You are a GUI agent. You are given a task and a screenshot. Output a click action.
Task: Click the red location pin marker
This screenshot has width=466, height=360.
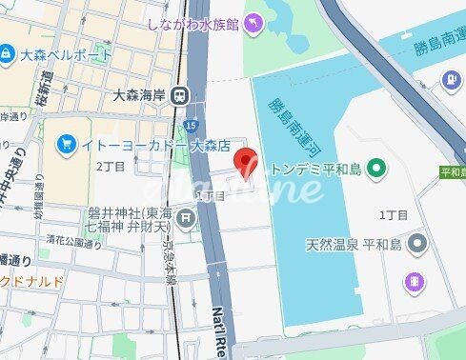246,163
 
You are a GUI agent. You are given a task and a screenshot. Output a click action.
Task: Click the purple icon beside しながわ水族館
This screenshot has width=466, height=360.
253,23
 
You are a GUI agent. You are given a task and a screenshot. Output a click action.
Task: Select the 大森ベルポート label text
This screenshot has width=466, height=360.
54,55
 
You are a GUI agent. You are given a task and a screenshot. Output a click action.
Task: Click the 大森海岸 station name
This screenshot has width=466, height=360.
137,93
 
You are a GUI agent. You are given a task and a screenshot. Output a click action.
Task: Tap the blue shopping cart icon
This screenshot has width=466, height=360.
66,145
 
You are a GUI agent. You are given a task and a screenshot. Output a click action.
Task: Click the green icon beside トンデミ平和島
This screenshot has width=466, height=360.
377,170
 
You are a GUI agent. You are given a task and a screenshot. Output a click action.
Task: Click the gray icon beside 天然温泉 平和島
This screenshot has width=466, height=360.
416,245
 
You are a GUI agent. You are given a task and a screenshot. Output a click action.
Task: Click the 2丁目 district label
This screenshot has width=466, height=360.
111,166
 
